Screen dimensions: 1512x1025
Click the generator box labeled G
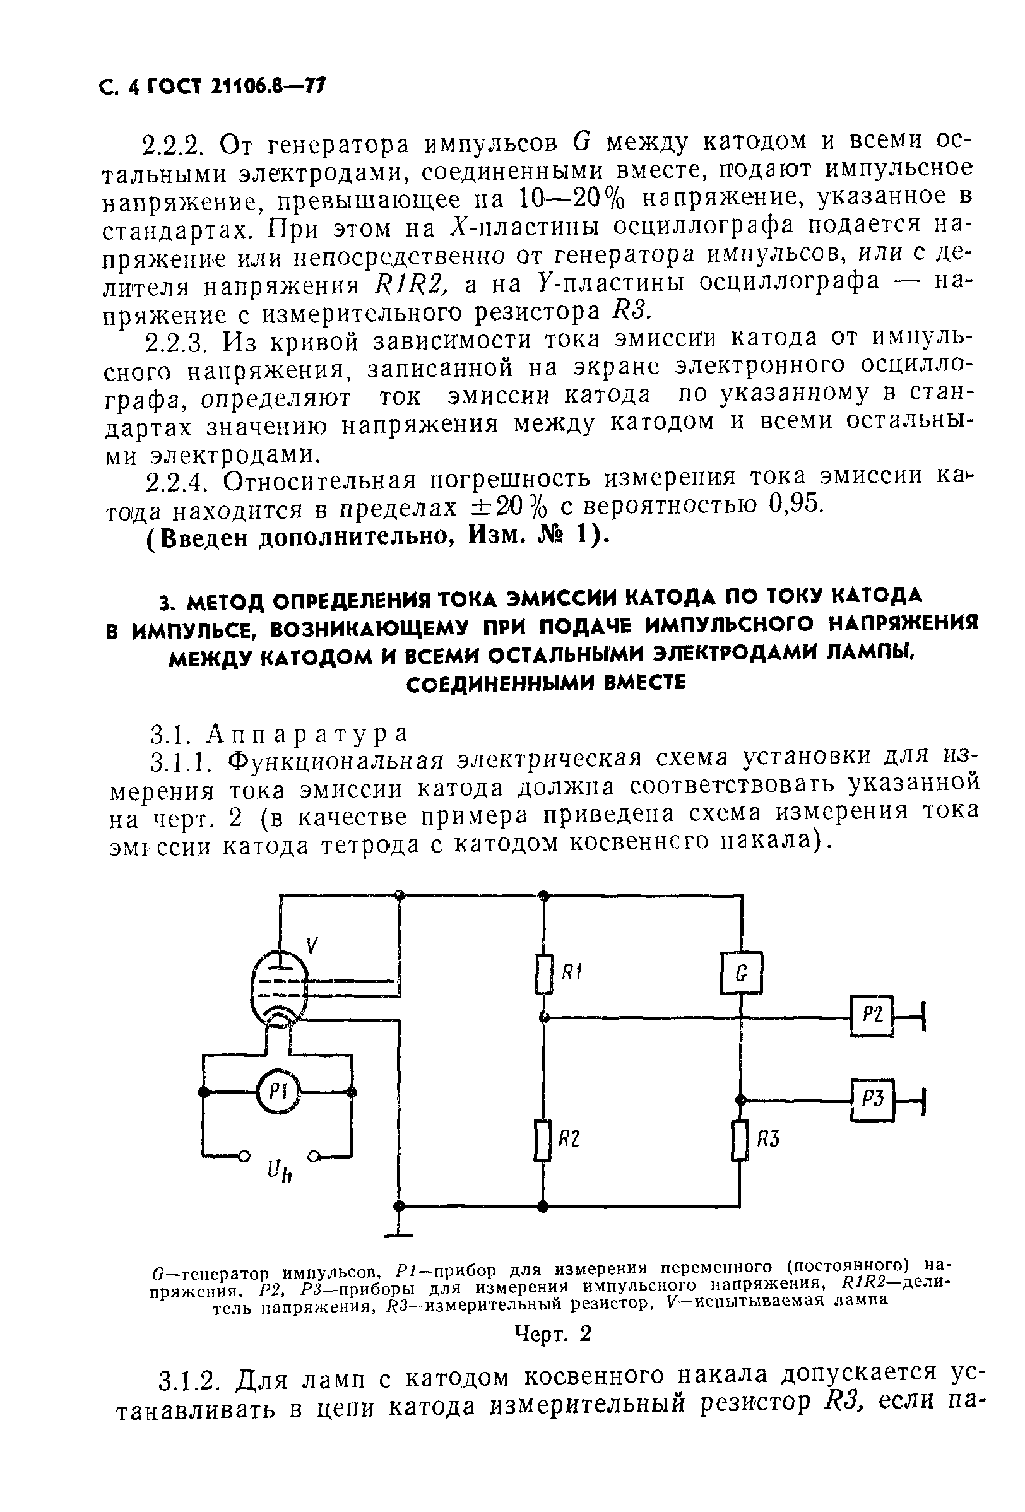[740, 973]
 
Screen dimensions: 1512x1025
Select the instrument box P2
[872, 1016]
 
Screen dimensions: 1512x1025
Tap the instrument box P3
[872, 1099]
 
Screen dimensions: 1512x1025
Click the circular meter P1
[278, 1092]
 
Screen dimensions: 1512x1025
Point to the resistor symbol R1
[545, 974]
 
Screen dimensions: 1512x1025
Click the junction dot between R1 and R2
[545, 1017]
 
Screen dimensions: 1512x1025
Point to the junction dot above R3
[740, 1099]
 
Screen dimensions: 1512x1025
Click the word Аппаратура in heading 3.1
[307, 733]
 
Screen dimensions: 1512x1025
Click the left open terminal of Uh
[244, 1155]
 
